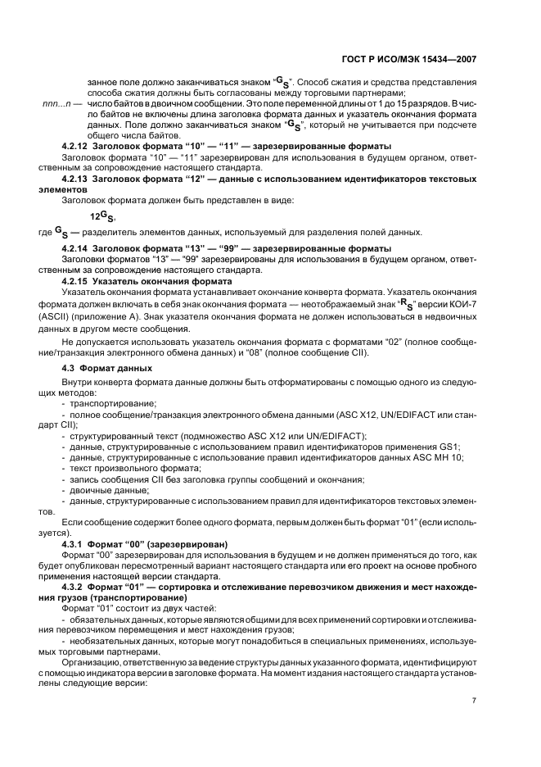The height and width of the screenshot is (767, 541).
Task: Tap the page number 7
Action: (x=474, y=701)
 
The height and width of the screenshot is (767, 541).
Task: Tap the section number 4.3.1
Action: (x=76, y=544)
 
